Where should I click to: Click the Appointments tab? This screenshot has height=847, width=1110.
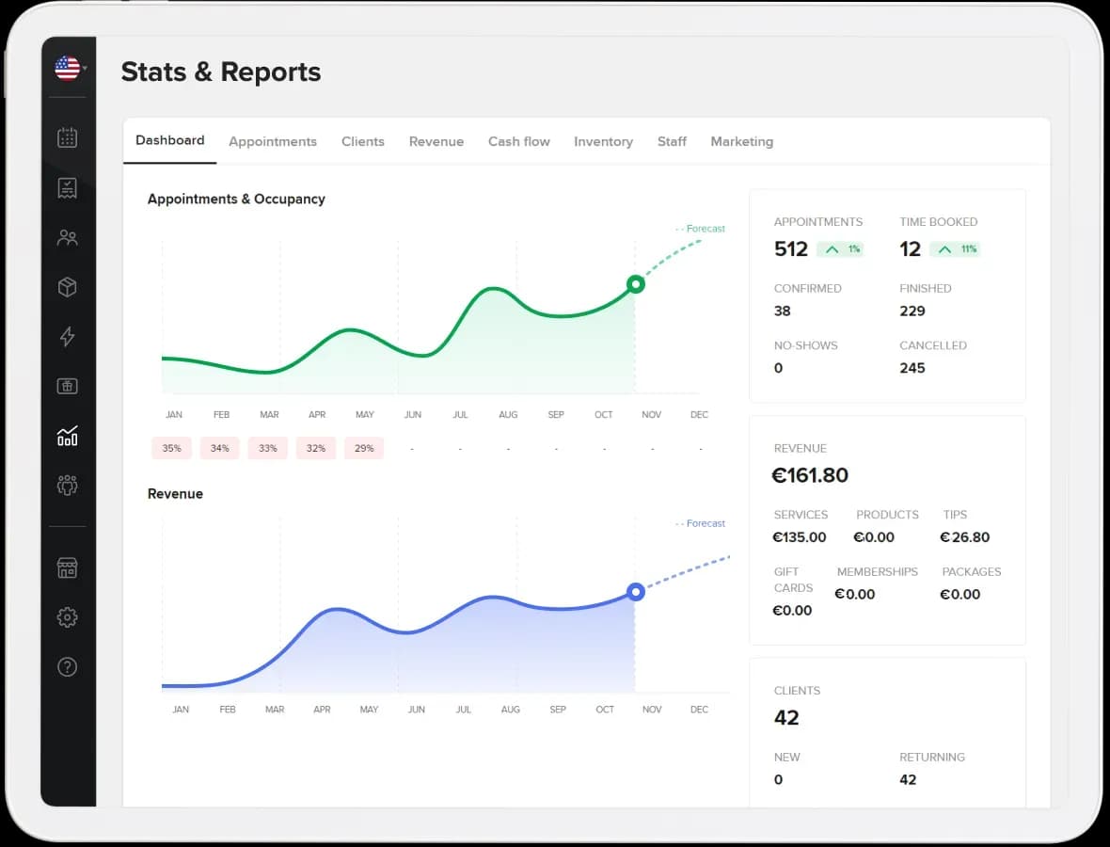(273, 141)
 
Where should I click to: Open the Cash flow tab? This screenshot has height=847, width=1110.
(518, 141)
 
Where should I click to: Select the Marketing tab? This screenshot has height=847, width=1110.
(741, 141)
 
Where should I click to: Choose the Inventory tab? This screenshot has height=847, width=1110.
(603, 141)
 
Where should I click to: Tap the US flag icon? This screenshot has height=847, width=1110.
(67, 68)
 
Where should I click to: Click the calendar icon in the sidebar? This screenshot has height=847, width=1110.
(67, 138)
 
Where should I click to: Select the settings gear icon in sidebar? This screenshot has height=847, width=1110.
(67, 617)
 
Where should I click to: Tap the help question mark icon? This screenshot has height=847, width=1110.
(67, 667)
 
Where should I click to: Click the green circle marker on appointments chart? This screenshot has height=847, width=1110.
(636, 284)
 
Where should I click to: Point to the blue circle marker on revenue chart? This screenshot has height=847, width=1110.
(636, 592)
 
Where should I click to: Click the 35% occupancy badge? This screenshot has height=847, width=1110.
(171, 448)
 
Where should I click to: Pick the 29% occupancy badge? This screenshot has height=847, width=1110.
(363, 448)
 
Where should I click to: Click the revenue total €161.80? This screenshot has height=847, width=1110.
(810, 475)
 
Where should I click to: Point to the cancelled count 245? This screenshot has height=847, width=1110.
(912, 368)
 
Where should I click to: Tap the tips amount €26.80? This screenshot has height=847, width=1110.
(964, 537)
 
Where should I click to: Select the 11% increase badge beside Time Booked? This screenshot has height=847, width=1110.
(955, 249)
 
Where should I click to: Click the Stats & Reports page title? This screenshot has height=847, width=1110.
(221, 72)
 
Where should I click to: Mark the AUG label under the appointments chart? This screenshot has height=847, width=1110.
(508, 415)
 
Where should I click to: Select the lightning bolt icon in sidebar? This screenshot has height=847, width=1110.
(67, 337)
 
